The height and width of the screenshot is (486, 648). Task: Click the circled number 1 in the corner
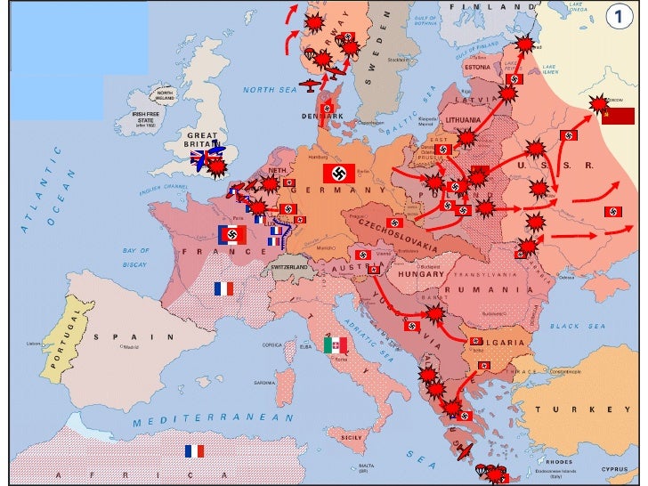click(621, 15)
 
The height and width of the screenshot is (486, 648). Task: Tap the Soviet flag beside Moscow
click(618, 116)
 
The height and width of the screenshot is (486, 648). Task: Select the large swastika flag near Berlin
click(338, 174)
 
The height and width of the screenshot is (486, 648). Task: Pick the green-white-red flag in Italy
click(335, 345)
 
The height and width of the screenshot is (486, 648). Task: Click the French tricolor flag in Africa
click(194, 450)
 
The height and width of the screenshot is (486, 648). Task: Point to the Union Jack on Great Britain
click(204, 158)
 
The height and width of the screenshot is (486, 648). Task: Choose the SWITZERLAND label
click(288, 267)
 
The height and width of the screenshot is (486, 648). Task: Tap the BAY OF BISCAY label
click(135, 256)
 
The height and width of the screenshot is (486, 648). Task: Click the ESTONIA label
click(477, 68)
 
